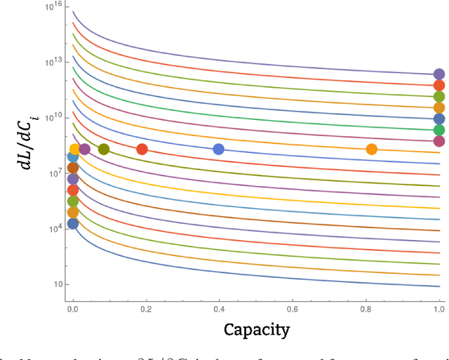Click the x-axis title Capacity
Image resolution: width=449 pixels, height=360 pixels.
(x=256, y=329)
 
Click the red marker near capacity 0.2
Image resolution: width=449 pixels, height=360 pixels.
(x=142, y=149)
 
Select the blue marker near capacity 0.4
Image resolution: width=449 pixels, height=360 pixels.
(x=218, y=149)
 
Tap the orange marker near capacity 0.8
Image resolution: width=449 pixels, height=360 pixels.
(x=372, y=149)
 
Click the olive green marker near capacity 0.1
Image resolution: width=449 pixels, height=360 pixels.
(x=104, y=149)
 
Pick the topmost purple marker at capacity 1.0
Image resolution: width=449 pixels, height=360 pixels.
(x=439, y=74)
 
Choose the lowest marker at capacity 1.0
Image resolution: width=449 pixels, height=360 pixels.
(x=439, y=141)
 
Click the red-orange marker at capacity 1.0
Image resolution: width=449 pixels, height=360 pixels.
(x=439, y=85)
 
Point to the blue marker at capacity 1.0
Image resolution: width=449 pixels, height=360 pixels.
(x=439, y=119)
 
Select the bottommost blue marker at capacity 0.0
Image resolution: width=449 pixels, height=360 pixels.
(x=72, y=224)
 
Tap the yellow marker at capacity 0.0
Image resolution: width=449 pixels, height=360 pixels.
(x=74, y=149)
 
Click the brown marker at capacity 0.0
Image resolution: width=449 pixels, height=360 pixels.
(x=72, y=168)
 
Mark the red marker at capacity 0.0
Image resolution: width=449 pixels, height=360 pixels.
(x=72, y=190)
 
